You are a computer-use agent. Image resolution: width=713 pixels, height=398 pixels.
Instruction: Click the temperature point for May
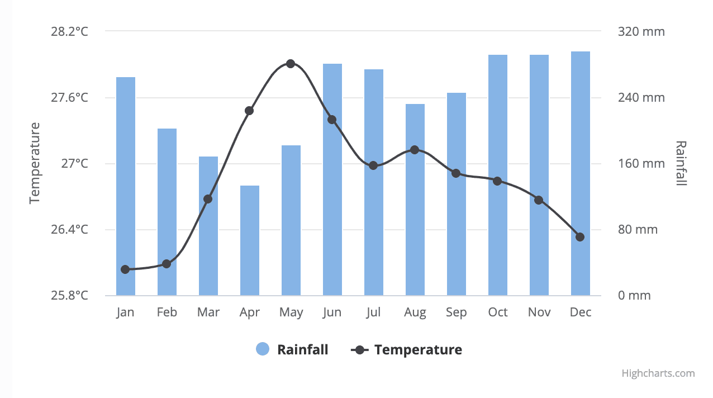[x=291, y=64]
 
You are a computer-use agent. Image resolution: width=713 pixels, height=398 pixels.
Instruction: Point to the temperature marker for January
[x=125, y=269]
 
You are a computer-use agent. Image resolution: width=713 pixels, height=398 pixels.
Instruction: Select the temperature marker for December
[x=580, y=237]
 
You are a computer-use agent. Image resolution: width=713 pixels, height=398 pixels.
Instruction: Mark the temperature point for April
[x=249, y=111]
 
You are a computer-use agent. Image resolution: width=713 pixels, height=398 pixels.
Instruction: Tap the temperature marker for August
[x=415, y=150]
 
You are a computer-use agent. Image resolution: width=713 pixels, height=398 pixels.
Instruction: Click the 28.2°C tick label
[x=69, y=31]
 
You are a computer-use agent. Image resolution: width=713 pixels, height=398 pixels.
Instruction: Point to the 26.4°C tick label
[x=69, y=230]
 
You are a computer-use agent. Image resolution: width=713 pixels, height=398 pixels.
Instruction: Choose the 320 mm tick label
[x=641, y=31]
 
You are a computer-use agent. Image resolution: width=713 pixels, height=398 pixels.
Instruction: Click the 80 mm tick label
[x=638, y=230]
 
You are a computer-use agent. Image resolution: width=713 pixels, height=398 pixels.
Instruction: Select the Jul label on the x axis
[x=373, y=312]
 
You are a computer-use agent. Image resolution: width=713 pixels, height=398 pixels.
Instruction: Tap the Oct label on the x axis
[x=497, y=312]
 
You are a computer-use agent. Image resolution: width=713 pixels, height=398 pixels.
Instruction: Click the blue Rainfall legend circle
[x=263, y=349]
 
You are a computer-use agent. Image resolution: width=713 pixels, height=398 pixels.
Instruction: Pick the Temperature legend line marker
[x=360, y=350]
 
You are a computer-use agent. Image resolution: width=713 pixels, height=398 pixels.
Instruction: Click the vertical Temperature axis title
[x=35, y=163]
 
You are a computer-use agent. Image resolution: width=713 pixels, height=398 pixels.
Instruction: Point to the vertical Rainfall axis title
[x=681, y=163]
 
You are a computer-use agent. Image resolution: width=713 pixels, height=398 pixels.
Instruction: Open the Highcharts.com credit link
[x=658, y=373]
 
